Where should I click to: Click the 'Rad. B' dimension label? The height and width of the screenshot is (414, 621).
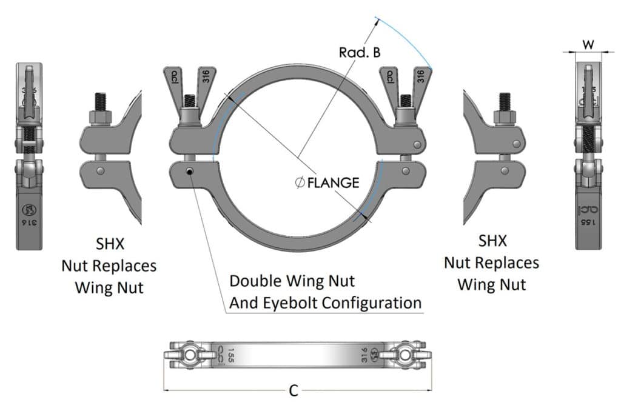point(360,52)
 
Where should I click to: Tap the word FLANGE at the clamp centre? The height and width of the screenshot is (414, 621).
point(333,182)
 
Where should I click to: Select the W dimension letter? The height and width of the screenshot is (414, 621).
point(588,44)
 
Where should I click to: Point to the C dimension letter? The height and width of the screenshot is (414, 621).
point(294,391)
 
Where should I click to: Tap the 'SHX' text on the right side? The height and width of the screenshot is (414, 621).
point(491,241)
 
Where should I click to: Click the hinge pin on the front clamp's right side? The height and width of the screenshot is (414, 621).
point(418,144)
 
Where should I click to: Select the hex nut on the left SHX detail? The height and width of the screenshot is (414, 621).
point(99,116)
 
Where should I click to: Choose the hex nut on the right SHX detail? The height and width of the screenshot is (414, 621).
point(505,116)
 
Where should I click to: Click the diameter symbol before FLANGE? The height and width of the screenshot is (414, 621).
point(300,182)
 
